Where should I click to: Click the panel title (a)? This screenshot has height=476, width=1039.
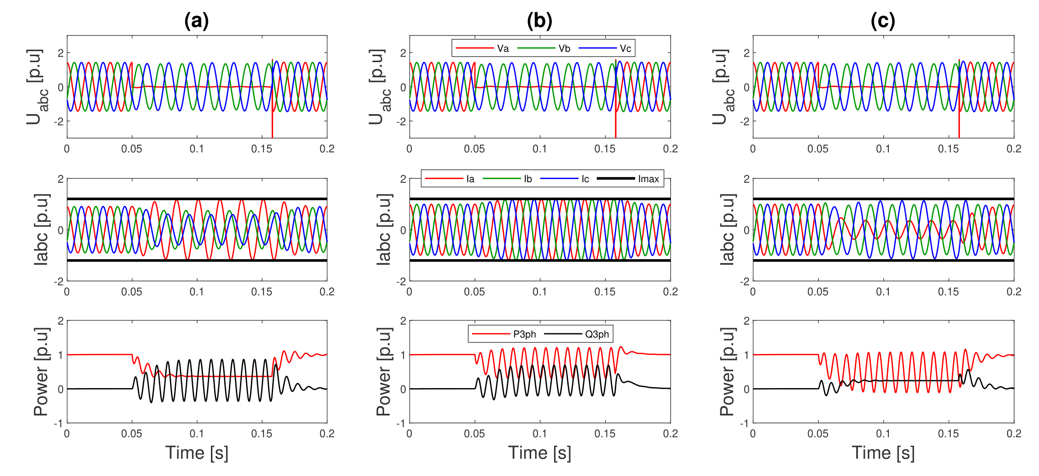point(196,21)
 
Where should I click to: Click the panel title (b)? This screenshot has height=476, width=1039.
point(539,21)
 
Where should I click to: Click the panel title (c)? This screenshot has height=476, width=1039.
point(882,21)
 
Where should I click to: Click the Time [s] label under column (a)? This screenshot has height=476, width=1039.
point(197,453)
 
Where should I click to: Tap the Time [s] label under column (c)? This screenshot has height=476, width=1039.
point(883,453)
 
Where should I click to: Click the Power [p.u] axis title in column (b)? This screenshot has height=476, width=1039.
point(384,372)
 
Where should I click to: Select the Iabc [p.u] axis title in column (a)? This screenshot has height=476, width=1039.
point(41,229)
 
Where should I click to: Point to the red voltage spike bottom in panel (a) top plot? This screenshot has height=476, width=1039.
point(272,136)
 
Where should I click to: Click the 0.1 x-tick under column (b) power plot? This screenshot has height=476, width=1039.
point(539,434)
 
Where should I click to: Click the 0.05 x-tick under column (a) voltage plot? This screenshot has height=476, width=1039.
point(132,149)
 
